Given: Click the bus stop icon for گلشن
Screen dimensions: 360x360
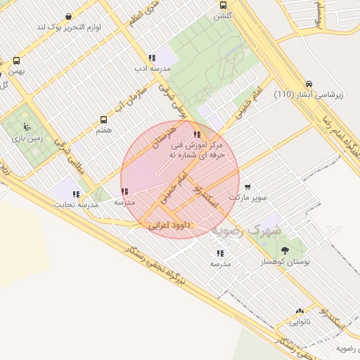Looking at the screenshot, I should coord(223,4).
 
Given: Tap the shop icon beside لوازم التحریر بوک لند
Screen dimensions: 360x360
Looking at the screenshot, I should coord(67,16).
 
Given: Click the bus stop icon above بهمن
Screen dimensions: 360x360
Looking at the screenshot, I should coord(15,60).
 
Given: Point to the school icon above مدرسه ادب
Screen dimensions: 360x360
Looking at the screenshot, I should coord(151,58).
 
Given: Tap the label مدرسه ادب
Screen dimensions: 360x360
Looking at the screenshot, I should coord(152,69).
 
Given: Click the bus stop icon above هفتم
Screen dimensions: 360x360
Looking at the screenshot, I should coord(104,120).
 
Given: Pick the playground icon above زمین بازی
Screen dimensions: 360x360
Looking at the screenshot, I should coord(27,127).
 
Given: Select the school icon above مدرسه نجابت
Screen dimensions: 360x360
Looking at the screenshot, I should coord(76,194).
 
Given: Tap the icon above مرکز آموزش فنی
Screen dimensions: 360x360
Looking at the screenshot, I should coord(197,134).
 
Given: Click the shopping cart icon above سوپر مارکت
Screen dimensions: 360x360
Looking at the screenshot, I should coord(247,187).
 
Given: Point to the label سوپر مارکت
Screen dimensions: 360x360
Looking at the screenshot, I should coord(252,198).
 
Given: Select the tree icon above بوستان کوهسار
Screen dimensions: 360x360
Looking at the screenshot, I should coord(284,250).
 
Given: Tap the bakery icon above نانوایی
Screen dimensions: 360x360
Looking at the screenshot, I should coord(300,311).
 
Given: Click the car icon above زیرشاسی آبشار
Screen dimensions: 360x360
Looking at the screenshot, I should coord(309,83).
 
